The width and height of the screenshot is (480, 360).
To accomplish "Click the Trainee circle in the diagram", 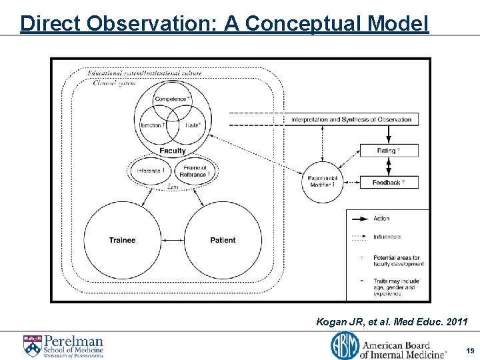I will [x=122, y=239].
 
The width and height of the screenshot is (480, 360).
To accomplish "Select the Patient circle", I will [x=223, y=239].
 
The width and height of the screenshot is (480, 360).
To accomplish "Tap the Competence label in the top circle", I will [x=171, y=99].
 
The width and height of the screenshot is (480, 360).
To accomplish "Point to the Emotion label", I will [x=153, y=125].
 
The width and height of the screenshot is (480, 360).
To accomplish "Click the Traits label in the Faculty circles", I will [x=192, y=125].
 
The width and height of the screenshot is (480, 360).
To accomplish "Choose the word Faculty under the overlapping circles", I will [x=173, y=151].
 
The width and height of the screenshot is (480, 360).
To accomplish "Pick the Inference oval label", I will [x=150, y=171].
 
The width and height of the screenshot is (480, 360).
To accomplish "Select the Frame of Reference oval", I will [x=195, y=171].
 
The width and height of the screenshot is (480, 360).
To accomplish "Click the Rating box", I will [x=389, y=151].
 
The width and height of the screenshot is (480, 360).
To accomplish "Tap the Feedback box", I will [x=389, y=182].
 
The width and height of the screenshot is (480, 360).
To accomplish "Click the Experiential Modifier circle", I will [x=323, y=181].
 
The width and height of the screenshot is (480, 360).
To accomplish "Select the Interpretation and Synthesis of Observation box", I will [x=351, y=119].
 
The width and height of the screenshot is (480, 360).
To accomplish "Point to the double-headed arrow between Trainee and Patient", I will [x=173, y=240].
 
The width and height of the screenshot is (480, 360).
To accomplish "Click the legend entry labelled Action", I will [x=382, y=219].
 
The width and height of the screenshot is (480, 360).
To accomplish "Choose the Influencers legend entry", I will [x=387, y=237].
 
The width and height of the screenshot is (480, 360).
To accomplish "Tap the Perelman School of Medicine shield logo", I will [x=31, y=345].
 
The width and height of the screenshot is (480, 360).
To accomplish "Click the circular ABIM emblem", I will [x=344, y=345].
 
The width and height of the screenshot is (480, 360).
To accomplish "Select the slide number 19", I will [x=470, y=349].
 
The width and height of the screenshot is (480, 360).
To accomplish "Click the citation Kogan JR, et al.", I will [x=392, y=322].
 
